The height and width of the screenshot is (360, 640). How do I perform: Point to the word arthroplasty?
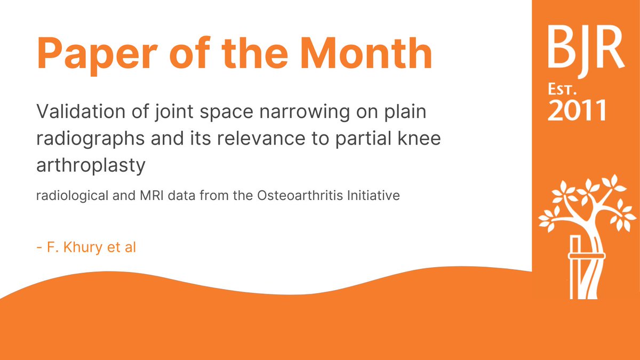(x=90, y=166)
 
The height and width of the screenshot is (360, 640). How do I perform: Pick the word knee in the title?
(x=425, y=139)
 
